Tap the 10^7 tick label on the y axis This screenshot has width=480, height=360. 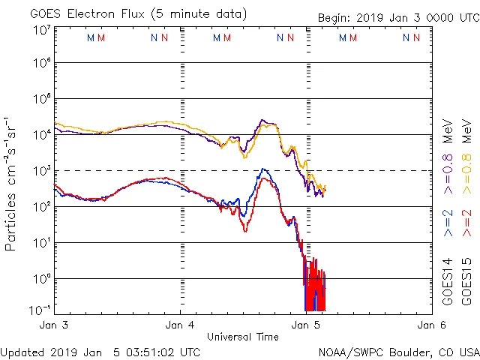click(x=42, y=30)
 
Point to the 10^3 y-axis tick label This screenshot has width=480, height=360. click(x=42, y=171)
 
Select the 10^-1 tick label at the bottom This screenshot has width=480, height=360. click(x=42, y=310)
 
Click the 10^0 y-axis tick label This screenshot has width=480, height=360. click(x=42, y=278)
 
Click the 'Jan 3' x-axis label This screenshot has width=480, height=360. click(x=55, y=325)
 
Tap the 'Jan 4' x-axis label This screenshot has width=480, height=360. click(x=180, y=325)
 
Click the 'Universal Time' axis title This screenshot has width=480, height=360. click(x=243, y=337)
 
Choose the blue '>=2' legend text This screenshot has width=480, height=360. click(x=448, y=223)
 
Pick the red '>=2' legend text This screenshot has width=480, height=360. click(x=466, y=223)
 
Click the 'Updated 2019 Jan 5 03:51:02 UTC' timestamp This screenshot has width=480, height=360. click(x=100, y=351)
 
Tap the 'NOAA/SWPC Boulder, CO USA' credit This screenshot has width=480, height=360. click(x=398, y=351)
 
